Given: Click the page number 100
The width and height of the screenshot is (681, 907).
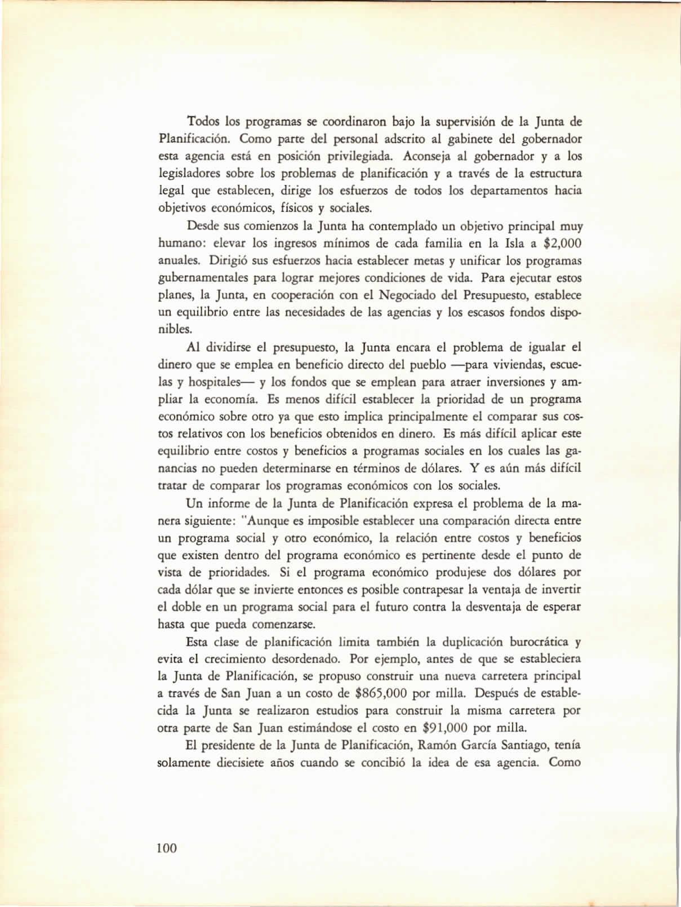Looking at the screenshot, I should [167, 848].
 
